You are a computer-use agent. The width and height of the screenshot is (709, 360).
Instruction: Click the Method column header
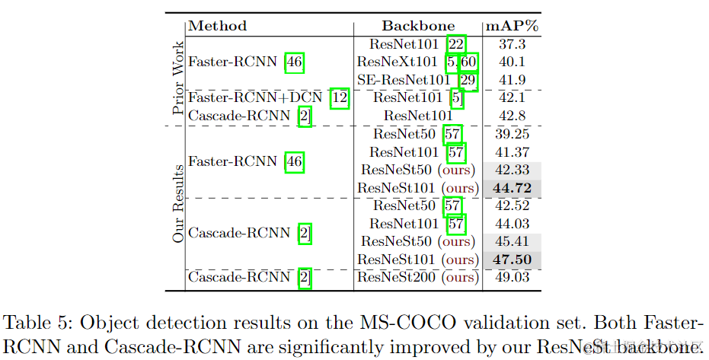coord(217,25)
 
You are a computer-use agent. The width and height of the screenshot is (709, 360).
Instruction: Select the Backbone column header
coord(418,25)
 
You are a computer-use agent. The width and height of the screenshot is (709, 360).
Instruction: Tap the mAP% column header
coord(511,25)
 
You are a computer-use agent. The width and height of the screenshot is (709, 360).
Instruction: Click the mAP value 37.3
coord(511,44)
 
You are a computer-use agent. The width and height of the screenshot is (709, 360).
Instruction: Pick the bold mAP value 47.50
coord(511,260)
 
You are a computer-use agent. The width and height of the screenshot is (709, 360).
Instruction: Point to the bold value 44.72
coord(511,187)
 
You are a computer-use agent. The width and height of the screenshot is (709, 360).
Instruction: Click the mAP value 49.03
coord(511,278)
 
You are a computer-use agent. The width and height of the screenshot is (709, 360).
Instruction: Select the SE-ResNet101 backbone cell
coord(403,80)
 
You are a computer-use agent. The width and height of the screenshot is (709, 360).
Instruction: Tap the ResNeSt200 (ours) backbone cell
coord(418,278)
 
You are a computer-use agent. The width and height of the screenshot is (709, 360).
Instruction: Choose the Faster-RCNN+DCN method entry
coord(257,98)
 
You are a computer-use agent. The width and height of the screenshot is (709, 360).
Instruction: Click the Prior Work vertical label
coord(177,78)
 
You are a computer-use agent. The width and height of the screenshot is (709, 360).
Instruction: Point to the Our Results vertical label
coord(177,203)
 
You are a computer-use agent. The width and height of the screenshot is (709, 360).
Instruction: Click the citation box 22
coord(456,44)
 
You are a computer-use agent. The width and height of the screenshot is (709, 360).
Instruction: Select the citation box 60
coord(468,62)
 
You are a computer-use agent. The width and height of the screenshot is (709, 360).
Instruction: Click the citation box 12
coord(340,98)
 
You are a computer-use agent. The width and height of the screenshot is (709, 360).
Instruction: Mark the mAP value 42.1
coord(511,98)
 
